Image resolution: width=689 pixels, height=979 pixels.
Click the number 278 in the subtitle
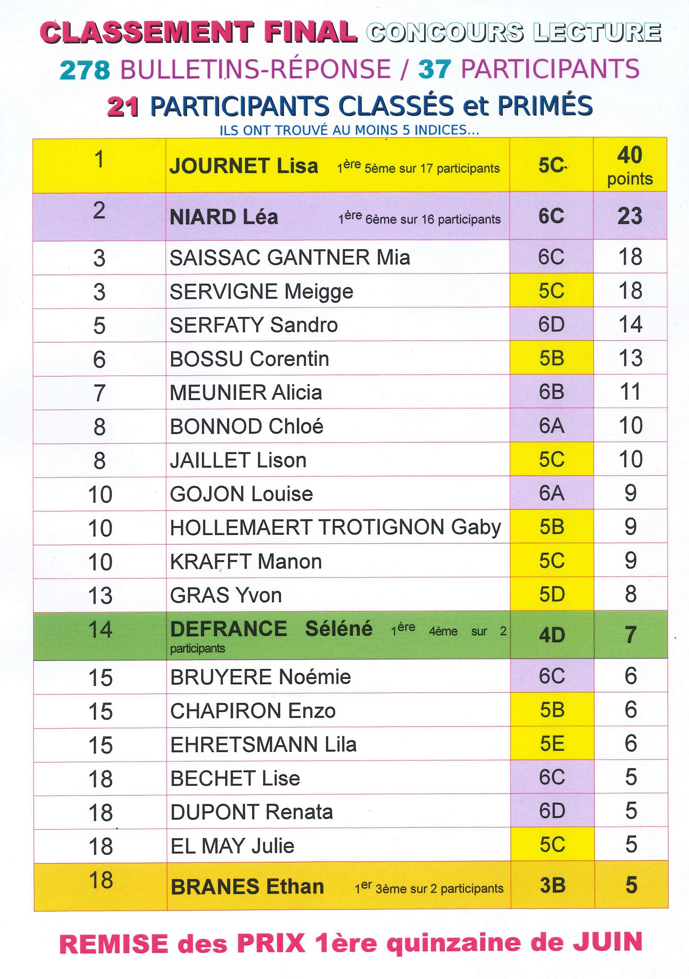click(85, 70)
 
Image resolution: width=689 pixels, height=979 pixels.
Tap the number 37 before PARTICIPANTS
click(434, 70)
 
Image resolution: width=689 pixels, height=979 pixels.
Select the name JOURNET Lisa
click(244, 166)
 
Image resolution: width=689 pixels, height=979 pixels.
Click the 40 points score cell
click(630, 165)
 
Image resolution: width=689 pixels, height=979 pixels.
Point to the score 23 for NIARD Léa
click(630, 216)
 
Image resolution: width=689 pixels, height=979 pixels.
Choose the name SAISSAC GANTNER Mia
click(290, 257)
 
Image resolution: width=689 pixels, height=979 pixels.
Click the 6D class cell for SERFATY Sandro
click(551, 324)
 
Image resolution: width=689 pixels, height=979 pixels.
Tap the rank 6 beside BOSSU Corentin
click(99, 359)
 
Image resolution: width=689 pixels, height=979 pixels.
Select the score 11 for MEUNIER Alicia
click(630, 392)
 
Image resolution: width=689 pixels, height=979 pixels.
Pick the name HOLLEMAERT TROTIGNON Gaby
click(335, 528)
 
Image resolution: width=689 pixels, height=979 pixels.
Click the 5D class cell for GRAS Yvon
click(552, 594)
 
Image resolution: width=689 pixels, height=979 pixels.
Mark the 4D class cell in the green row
click(552, 635)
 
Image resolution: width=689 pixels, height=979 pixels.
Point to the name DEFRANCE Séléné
click(271, 629)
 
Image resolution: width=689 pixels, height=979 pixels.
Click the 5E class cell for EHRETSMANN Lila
click(552, 744)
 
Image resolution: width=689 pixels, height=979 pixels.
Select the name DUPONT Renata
click(251, 812)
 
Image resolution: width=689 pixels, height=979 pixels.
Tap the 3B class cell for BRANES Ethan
click(552, 886)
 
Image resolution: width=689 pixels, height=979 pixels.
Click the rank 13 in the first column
click(100, 595)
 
